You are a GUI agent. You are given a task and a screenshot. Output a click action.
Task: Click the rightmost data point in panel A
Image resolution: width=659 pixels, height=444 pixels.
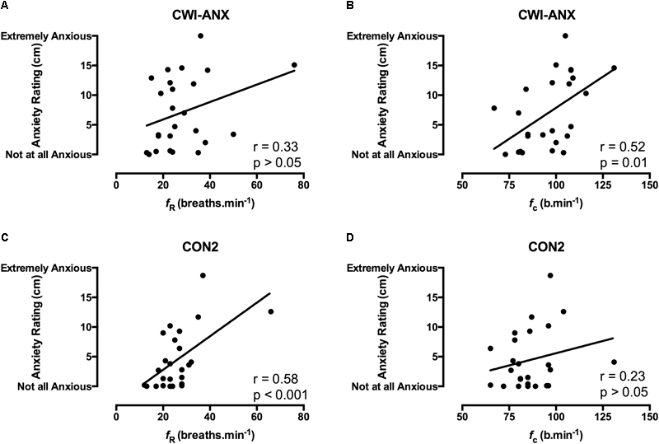(294, 65)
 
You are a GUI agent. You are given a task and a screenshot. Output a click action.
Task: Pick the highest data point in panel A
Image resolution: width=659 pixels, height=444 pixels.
(200, 36)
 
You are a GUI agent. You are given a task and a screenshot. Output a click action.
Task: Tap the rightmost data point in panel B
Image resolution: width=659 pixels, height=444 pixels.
(614, 68)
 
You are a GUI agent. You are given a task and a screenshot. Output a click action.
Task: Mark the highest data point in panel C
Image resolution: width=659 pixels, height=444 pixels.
(203, 275)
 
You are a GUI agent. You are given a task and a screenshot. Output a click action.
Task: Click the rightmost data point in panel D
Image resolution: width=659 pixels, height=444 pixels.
(614, 362)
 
